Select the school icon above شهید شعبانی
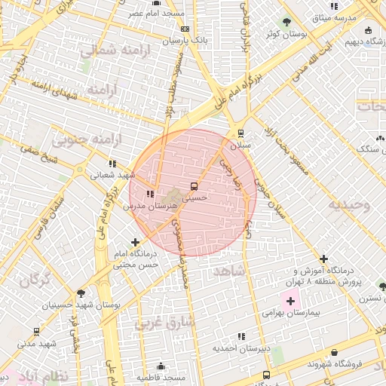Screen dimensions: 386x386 [112, 163]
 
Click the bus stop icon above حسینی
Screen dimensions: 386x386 [195, 185]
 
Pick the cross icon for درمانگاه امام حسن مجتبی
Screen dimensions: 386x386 [135, 243]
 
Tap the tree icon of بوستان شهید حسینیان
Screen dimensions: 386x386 [81, 293]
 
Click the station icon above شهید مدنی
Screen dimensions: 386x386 [36, 332]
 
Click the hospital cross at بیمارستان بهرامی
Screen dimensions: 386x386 [290, 301]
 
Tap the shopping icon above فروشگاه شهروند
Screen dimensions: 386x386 [334, 352]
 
